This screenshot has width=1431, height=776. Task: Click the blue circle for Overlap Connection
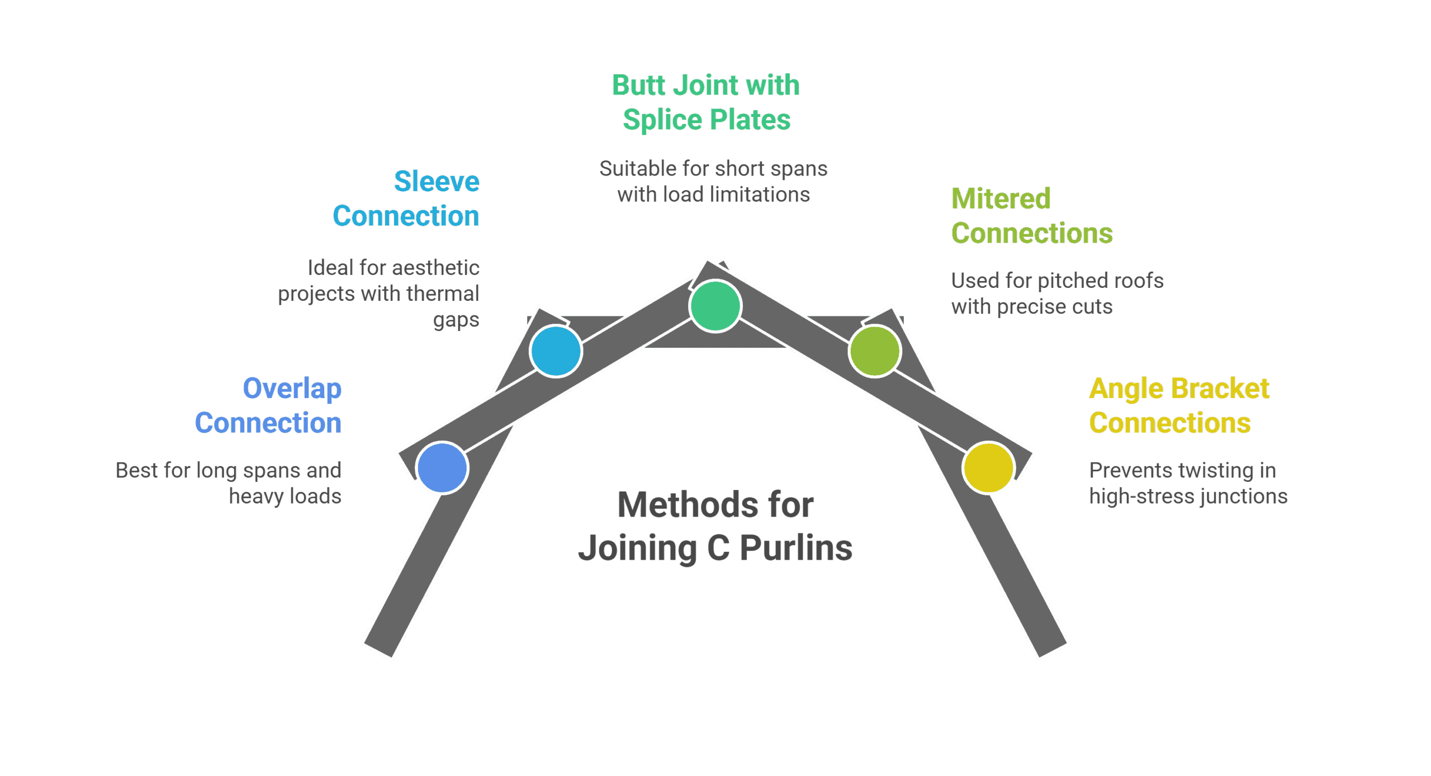pyautogui.click(x=442, y=468)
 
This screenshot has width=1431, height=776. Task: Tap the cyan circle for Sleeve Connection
pyautogui.click(x=556, y=351)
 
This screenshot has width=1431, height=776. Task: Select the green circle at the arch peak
pyautogui.click(x=715, y=306)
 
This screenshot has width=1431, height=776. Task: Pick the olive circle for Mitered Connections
pyautogui.click(x=874, y=351)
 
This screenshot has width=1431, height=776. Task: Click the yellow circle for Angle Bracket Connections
pyautogui.click(x=988, y=468)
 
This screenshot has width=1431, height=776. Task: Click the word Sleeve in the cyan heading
pyautogui.click(x=437, y=181)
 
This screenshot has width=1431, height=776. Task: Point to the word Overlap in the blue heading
pyautogui.click(x=292, y=389)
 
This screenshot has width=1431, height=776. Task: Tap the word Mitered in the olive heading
pyautogui.click(x=1001, y=198)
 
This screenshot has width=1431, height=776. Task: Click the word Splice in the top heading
pyautogui.click(x=662, y=120)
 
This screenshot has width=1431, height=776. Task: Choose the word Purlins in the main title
pyautogui.click(x=796, y=548)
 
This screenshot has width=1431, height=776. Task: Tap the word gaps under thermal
pyautogui.click(x=456, y=320)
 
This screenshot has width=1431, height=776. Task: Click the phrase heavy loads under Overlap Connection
pyautogui.click(x=285, y=496)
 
